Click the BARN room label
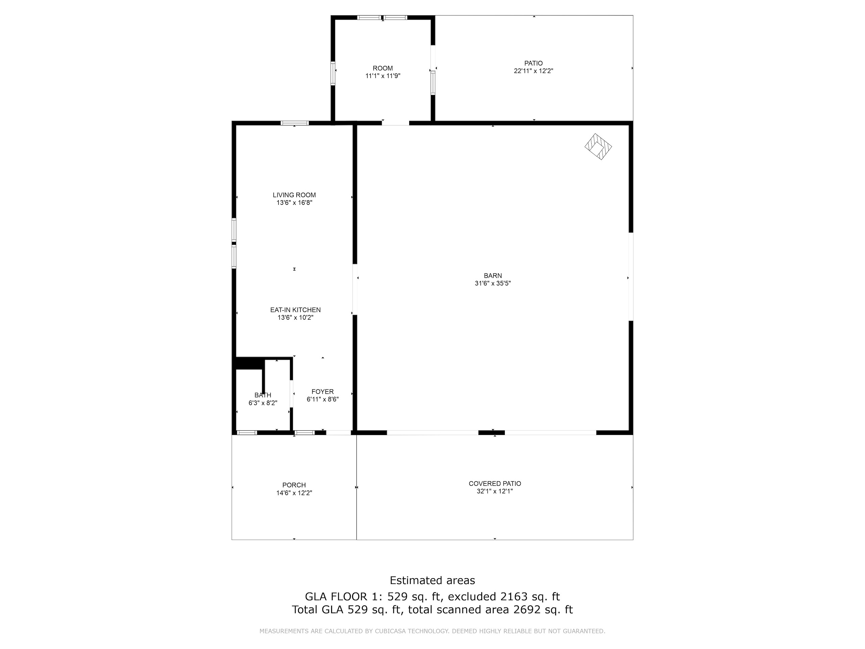493,275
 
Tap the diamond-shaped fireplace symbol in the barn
598,147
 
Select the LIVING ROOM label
294,195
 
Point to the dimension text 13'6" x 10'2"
295,318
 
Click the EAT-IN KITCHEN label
295,310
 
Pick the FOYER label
323,391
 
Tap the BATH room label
263,395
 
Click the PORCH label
294,485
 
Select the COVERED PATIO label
495,483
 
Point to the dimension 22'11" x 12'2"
534,71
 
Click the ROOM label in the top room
382,68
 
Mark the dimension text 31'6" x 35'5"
493,283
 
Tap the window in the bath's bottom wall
247,432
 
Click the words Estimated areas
432,580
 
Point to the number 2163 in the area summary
514,597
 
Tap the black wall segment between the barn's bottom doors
492,432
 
